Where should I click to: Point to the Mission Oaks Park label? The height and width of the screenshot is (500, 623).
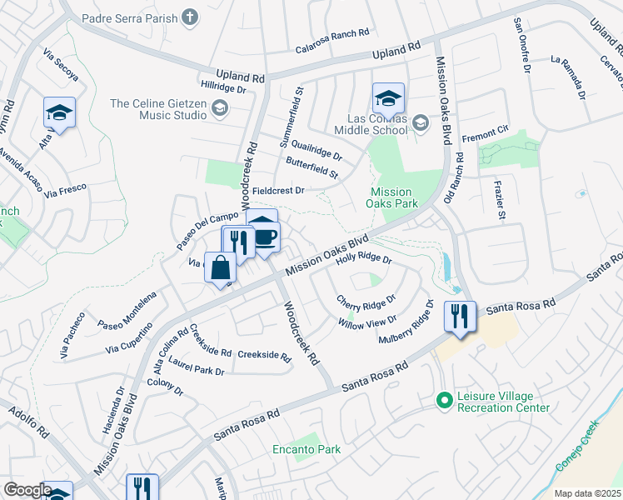(393, 197)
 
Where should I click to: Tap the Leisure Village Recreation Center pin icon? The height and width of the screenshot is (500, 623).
(444, 402)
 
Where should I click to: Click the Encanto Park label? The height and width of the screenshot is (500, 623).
(307, 449)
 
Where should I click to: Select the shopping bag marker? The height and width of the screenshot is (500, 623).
(221, 268)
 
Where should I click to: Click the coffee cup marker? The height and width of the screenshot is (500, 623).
(265, 236)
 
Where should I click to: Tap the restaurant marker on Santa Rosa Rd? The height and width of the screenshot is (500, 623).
(460, 317)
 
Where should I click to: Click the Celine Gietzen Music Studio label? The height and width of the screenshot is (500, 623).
(158, 108)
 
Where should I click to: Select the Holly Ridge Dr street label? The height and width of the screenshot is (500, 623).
(363, 259)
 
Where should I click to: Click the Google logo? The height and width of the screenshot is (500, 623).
(27, 490)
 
